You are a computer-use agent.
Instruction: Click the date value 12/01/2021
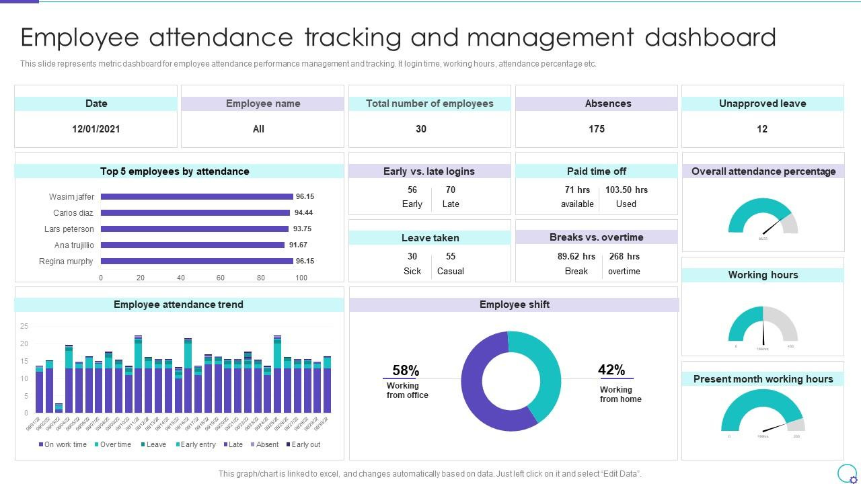pos(96,129)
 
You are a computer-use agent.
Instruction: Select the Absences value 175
pos(597,129)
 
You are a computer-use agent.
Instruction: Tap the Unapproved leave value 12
pos(762,129)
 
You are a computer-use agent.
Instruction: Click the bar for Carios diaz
pos(195,213)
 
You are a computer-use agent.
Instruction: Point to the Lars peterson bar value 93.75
pos(302,229)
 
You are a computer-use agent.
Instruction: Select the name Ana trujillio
pos(74,245)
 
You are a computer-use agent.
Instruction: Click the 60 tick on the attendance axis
pos(220,278)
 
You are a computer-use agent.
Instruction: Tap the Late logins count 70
pos(451,190)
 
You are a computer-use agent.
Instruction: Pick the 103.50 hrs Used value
pos(626,190)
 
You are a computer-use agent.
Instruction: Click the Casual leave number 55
pos(451,256)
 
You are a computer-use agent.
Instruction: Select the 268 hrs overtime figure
pos(624,256)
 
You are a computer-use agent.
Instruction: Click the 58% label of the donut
pos(406,370)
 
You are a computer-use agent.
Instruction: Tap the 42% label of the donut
pos(611,370)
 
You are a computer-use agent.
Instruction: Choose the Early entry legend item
pos(196,444)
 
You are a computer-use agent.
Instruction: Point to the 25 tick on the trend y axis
pos(24,326)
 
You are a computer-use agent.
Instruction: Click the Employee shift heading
pos(515,305)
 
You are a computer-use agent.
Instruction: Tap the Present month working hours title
pos(763,379)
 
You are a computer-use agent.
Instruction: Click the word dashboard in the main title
pos(710,38)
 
